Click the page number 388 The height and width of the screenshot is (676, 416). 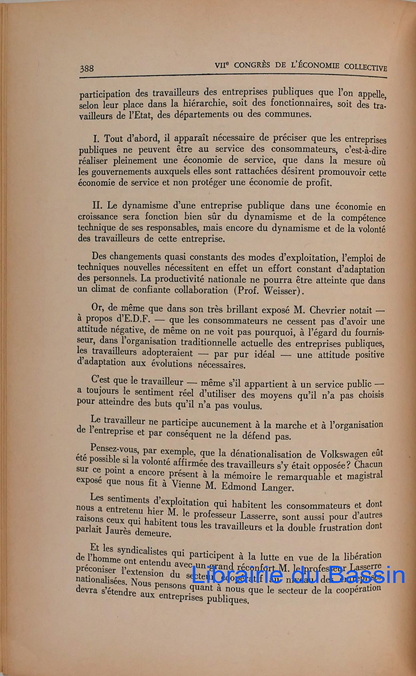[x=86, y=68]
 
